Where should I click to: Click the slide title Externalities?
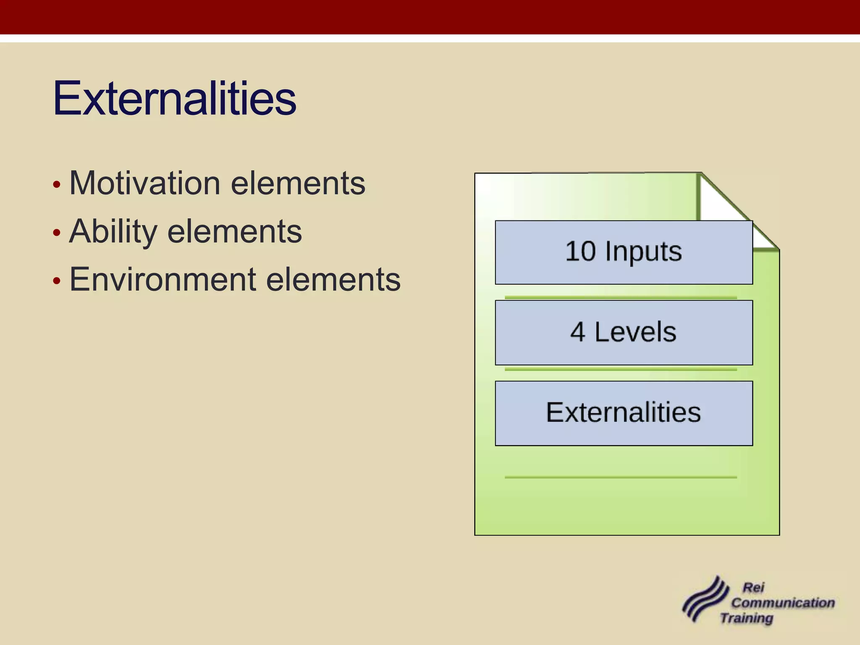pyautogui.click(x=174, y=99)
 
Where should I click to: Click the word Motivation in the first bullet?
pyautogui.click(x=145, y=184)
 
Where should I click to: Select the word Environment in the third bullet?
pyautogui.click(x=163, y=280)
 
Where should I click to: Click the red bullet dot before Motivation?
pyautogui.click(x=57, y=185)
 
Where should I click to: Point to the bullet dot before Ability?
pyautogui.click(x=57, y=233)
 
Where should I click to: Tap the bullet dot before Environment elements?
pyautogui.click(x=57, y=281)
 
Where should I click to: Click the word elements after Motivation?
pyautogui.click(x=298, y=184)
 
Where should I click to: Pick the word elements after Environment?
pyautogui.click(x=333, y=280)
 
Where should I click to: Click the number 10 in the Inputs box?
pyautogui.click(x=580, y=252)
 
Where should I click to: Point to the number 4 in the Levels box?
pyautogui.click(x=577, y=332)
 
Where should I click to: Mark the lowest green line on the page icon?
pyautogui.click(x=621, y=477)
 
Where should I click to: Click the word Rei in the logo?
pyautogui.click(x=753, y=587)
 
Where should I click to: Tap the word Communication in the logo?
pyautogui.click(x=783, y=603)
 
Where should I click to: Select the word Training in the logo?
pyautogui.click(x=747, y=618)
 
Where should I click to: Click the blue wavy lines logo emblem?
pyautogui.click(x=705, y=600)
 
